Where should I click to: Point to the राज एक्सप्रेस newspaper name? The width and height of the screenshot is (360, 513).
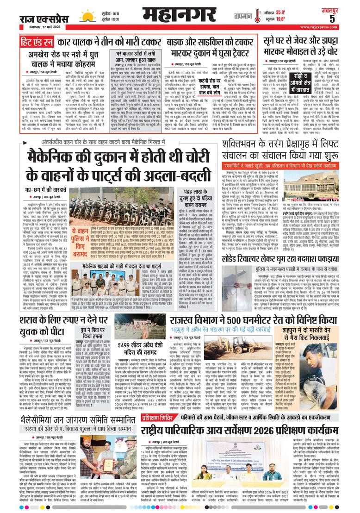pos(44,18)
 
